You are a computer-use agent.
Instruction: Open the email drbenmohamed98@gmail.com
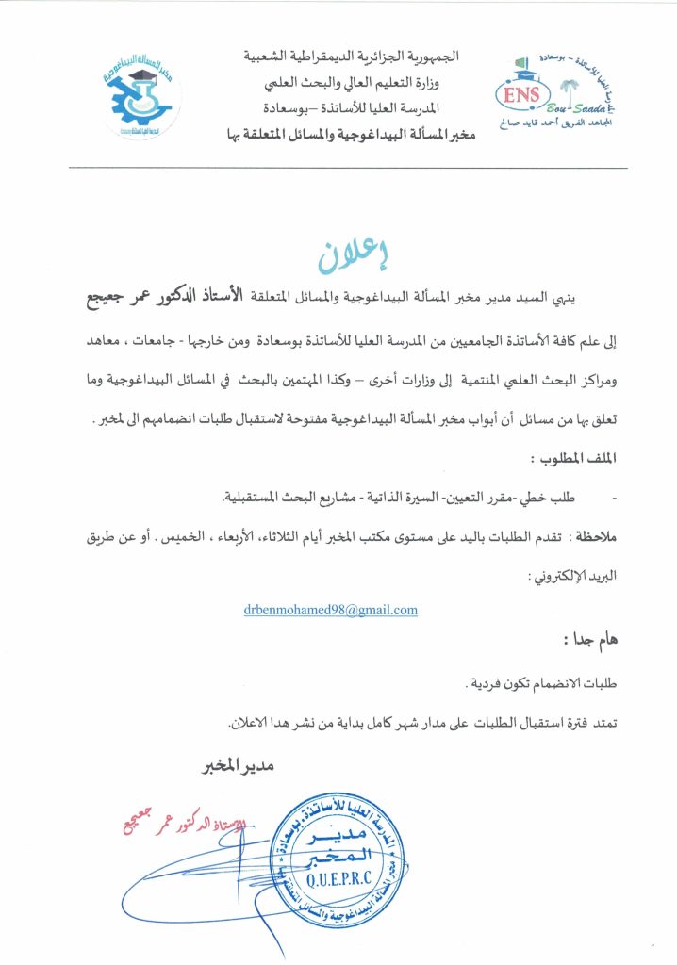(x=330, y=610)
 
